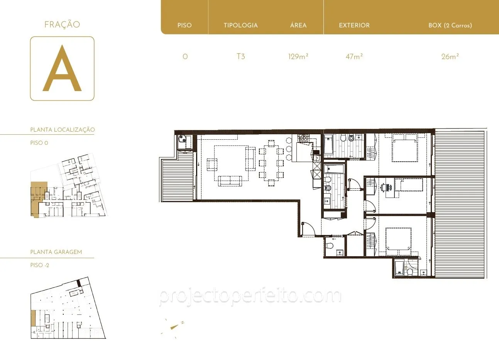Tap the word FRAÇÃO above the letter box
click(62, 24)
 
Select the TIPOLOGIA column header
click(241, 25)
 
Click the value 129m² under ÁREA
click(298, 57)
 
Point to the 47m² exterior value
click(354, 57)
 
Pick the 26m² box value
click(450, 57)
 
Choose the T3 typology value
click(241, 57)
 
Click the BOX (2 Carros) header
click(450, 25)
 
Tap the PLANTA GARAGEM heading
click(56, 252)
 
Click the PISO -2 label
click(40, 265)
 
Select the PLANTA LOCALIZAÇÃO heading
click(63, 130)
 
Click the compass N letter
click(183, 322)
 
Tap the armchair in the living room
click(212, 164)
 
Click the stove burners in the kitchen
click(303, 138)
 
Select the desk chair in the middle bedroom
click(383, 188)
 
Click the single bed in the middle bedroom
click(409, 185)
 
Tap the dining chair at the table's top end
click(271, 143)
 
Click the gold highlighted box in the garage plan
click(33, 318)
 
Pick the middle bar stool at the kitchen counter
click(289, 149)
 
